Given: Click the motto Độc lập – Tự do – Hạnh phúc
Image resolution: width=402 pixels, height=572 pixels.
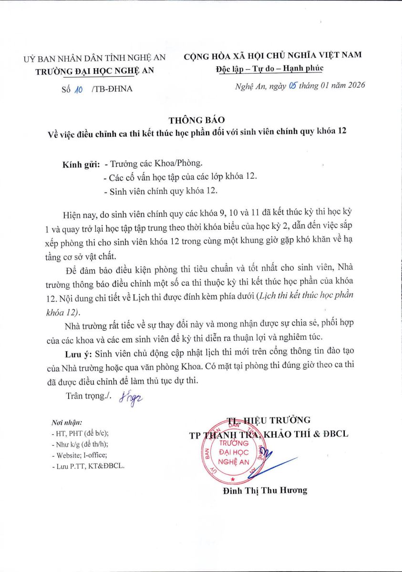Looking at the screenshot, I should pyautogui.click(x=269, y=68).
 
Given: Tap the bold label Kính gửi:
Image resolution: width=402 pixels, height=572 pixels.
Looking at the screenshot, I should pyautogui.click(x=81, y=164).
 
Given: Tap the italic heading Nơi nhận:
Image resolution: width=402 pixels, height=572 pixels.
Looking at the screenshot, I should pyautogui.click(x=66, y=423).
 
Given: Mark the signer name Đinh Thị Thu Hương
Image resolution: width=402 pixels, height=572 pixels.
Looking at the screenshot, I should pyautogui.click(x=265, y=490).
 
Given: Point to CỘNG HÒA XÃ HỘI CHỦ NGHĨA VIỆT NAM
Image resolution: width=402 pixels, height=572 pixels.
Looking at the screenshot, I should pyautogui.click(x=273, y=55).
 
